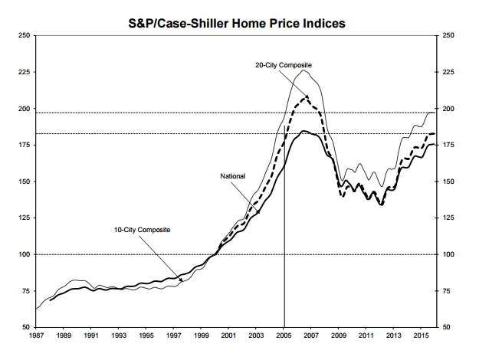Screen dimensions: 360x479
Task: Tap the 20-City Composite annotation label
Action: point(284,65)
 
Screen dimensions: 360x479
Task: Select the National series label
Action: point(233,176)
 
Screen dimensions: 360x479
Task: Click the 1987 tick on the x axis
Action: point(36,335)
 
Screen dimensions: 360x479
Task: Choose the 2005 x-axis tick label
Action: point(284,335)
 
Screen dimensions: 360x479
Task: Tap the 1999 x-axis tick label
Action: point(202,335)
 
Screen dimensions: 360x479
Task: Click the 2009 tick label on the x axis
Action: point(340,335)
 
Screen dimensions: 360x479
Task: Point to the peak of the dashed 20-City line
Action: point(307,97)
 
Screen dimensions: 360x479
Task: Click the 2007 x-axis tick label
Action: point(312,335)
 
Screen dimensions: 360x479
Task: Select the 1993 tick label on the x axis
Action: point(119,335)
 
